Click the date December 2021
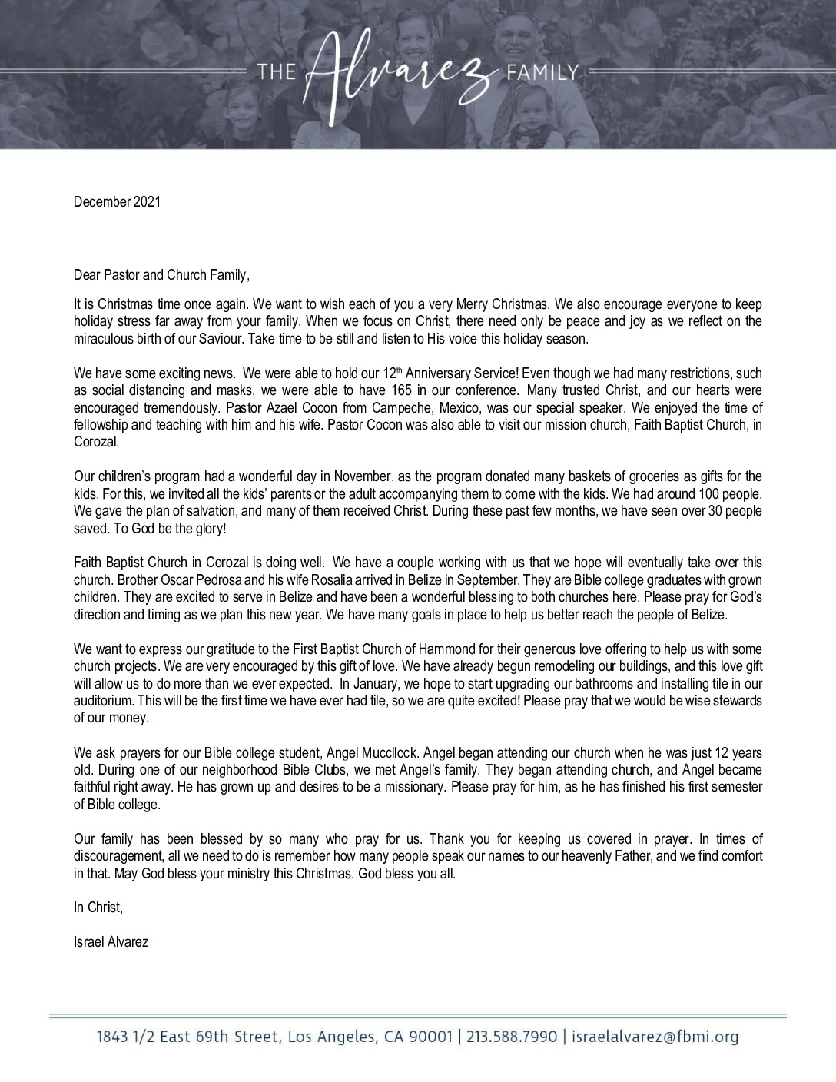(x=117, y=202)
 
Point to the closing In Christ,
(x=98, y=908)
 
